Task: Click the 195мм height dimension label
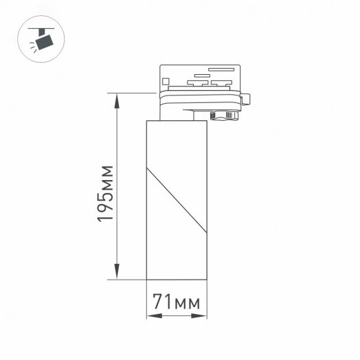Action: (104, 193)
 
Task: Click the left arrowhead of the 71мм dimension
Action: (151, 317)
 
